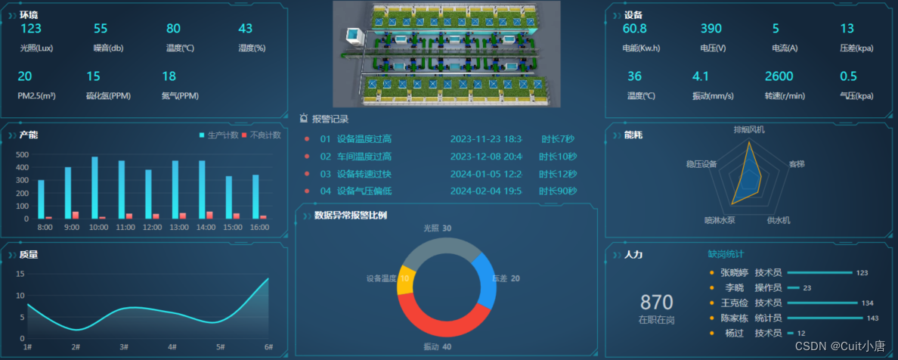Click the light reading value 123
pos(31,29)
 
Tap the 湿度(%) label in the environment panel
pos(252,48)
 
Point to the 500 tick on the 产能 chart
pos(22,154)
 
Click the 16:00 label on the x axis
pos(259,227)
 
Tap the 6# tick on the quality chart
pos(268,346)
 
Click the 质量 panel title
pos(29,255)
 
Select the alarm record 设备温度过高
pos(364,139)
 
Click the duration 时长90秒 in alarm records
pos(558,191)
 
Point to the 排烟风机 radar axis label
pos(749,129)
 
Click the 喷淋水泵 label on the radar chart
pos(720,220)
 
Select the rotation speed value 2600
pos(779,76)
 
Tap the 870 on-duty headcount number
pos(656,303)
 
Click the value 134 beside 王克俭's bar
pos(867,303)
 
